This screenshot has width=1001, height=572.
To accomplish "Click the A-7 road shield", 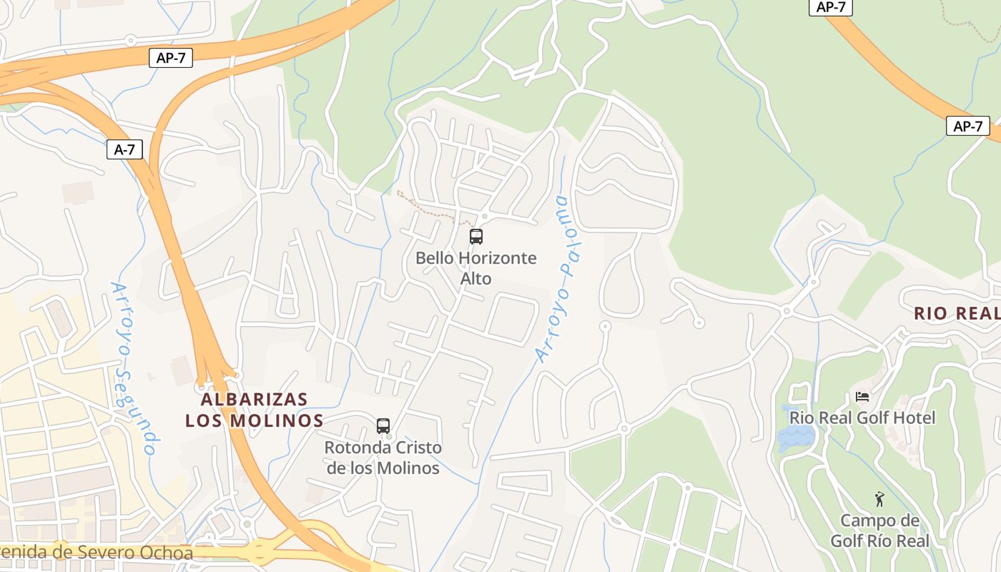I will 124,149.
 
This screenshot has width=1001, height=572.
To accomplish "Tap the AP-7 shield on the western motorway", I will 171,58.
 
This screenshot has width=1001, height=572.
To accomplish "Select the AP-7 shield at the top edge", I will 830,7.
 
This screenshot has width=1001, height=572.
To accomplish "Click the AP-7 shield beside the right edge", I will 967,127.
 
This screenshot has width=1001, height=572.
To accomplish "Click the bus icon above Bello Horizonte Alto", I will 476,237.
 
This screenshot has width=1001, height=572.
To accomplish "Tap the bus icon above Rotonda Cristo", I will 383,426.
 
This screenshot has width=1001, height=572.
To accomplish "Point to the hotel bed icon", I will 862,397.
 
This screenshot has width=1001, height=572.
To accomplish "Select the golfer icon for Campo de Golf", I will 879,499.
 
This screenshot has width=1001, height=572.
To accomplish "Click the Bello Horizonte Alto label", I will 476,267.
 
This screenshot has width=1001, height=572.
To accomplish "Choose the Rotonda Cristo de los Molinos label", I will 383,458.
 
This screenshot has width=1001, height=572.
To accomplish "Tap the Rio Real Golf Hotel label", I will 862,418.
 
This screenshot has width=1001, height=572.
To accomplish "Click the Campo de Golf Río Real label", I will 879,531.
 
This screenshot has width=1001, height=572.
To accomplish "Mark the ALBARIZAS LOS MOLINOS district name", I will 255,410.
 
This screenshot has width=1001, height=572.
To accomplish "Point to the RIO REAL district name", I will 957,313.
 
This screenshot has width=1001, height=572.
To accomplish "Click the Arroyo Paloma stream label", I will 561,279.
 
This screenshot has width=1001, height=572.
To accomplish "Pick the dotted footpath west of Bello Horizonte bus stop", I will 429,207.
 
